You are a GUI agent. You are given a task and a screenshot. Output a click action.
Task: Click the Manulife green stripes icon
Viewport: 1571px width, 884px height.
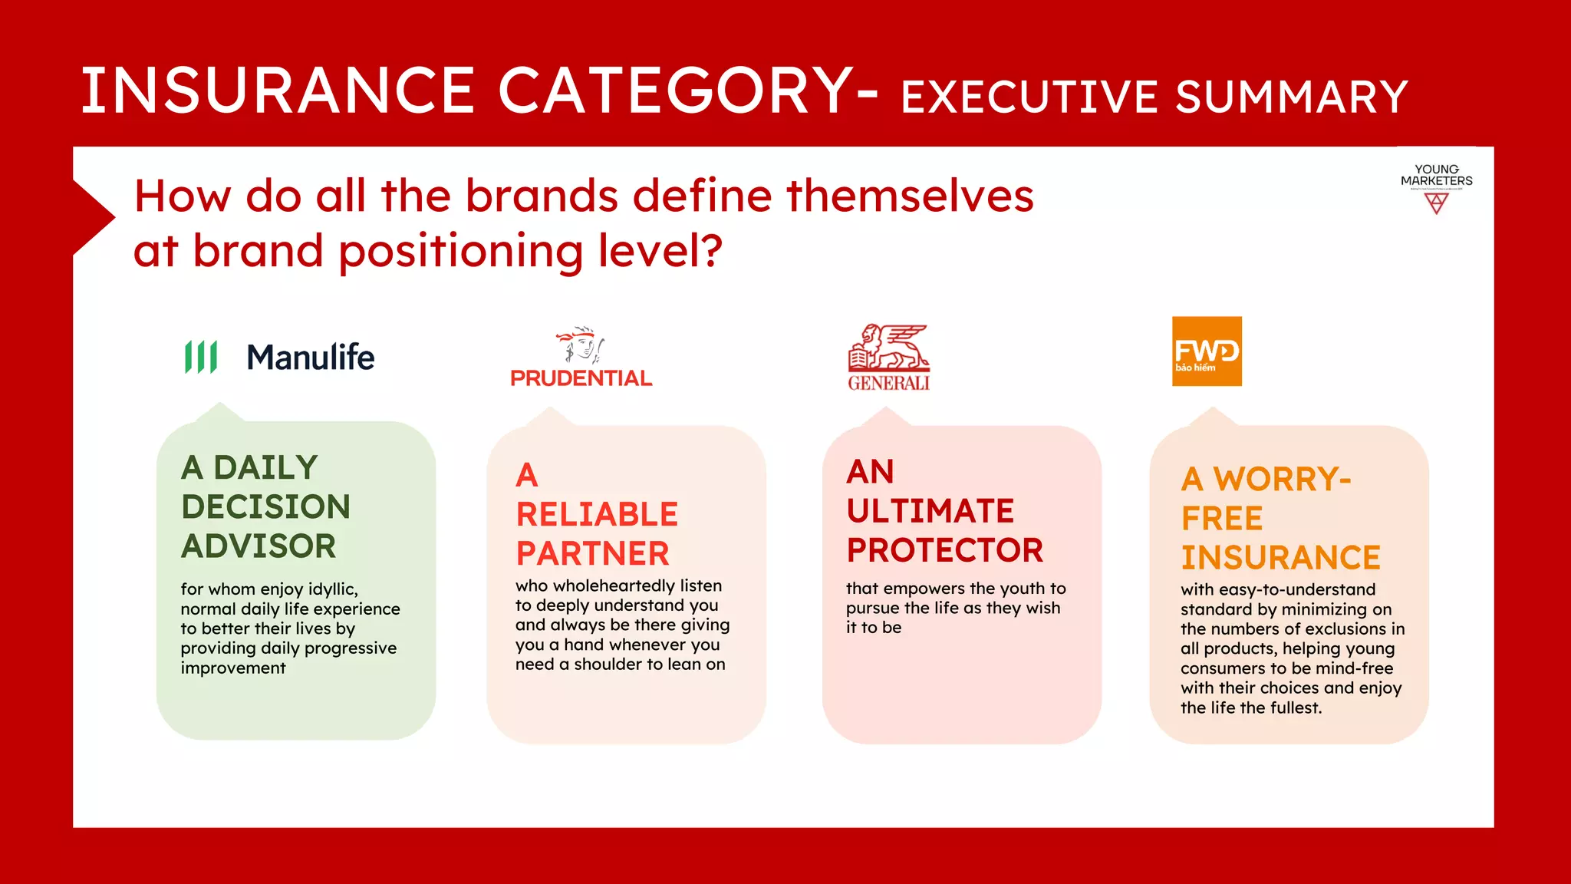201,357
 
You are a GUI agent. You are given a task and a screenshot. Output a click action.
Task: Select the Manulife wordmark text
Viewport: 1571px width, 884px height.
311,358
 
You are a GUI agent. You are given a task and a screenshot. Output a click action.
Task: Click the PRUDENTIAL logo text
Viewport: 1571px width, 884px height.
581,378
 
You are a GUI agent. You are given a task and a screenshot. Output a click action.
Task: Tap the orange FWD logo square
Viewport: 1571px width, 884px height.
1207,351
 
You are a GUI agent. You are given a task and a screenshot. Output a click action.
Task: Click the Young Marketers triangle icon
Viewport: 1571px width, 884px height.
1436,203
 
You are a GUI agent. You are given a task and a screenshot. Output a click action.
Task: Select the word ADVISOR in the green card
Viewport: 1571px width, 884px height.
259,546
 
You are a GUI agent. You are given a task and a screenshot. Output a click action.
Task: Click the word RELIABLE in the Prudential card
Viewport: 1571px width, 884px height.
597,514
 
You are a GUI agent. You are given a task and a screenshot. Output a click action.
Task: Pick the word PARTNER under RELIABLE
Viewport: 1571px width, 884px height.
592,554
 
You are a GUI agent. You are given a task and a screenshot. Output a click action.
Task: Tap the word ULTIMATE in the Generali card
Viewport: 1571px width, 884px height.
930,511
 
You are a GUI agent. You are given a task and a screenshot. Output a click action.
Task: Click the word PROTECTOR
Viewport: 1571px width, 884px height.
944,550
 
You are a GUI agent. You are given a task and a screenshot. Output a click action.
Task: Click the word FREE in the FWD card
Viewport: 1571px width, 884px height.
1221,519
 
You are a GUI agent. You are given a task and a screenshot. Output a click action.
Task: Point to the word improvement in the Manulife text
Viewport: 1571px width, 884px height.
233,668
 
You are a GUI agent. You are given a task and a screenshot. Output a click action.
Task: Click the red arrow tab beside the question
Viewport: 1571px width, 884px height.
92,218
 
